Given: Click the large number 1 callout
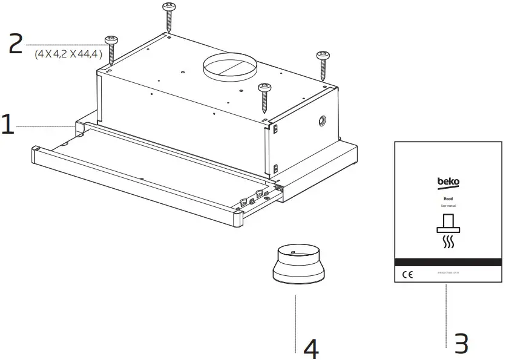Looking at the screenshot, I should pos(8,125).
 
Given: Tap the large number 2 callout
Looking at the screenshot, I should pos(16,44).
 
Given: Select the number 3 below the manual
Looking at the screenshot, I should pos(461,344).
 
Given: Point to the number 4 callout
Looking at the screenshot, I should pos(310,348).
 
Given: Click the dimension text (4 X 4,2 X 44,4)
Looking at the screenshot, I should pos(68,54).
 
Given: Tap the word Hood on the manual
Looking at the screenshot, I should pos(447,198).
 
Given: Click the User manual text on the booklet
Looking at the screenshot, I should pos(447,206).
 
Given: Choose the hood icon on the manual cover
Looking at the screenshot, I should pos(448,223).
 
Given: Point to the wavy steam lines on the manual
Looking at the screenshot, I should pos(448,243).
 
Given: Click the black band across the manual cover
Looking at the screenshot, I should pos(448,262).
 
